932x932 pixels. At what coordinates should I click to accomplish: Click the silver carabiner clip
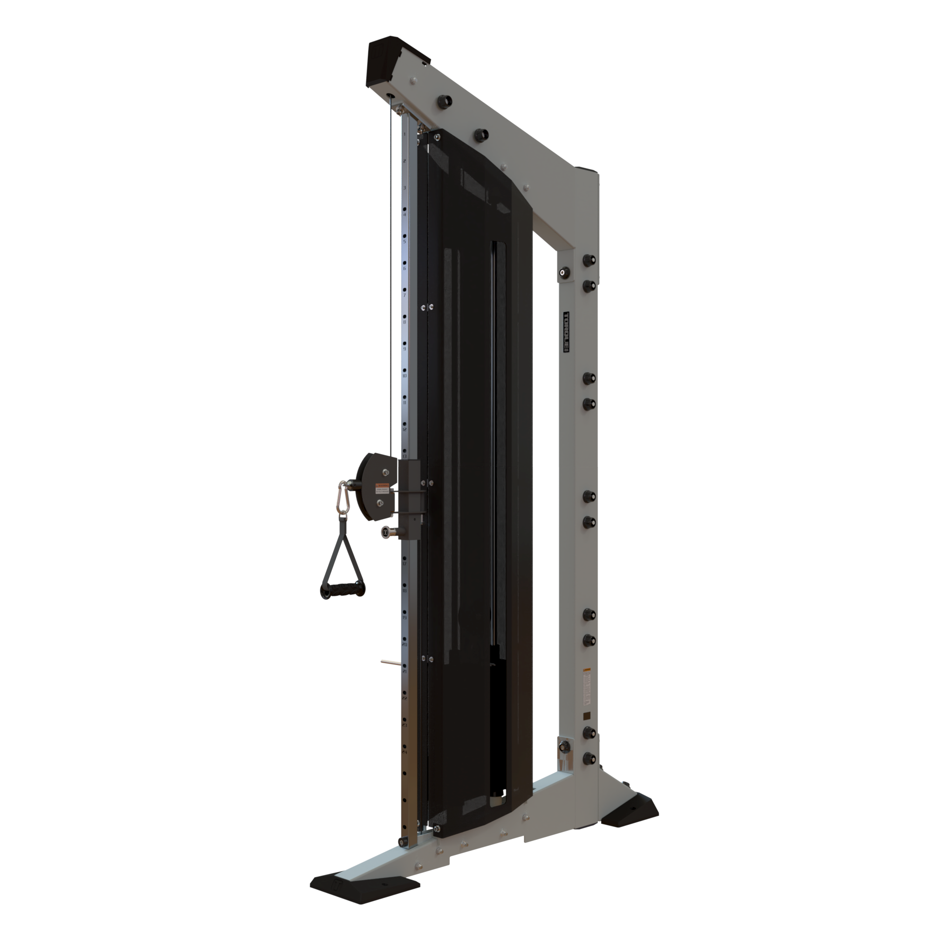point(343,499)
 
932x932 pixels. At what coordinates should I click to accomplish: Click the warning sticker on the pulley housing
point(383,488)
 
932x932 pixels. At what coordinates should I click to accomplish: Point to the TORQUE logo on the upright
point(566,331)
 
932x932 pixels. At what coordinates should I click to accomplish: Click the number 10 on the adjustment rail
point(404,376)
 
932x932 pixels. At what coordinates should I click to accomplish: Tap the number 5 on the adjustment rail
point(404,242)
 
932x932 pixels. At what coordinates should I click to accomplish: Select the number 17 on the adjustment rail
point(404,564)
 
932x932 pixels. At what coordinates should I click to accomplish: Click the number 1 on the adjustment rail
point(404,134)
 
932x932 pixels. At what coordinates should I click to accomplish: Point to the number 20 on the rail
point(404,644)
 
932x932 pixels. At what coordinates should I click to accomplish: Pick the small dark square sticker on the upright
point(587,715)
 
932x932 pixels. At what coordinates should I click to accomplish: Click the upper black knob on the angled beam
point(444,102)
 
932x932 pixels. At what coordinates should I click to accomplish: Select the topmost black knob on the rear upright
point(589,260)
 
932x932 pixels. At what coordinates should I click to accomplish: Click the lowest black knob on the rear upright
point(589,758)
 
